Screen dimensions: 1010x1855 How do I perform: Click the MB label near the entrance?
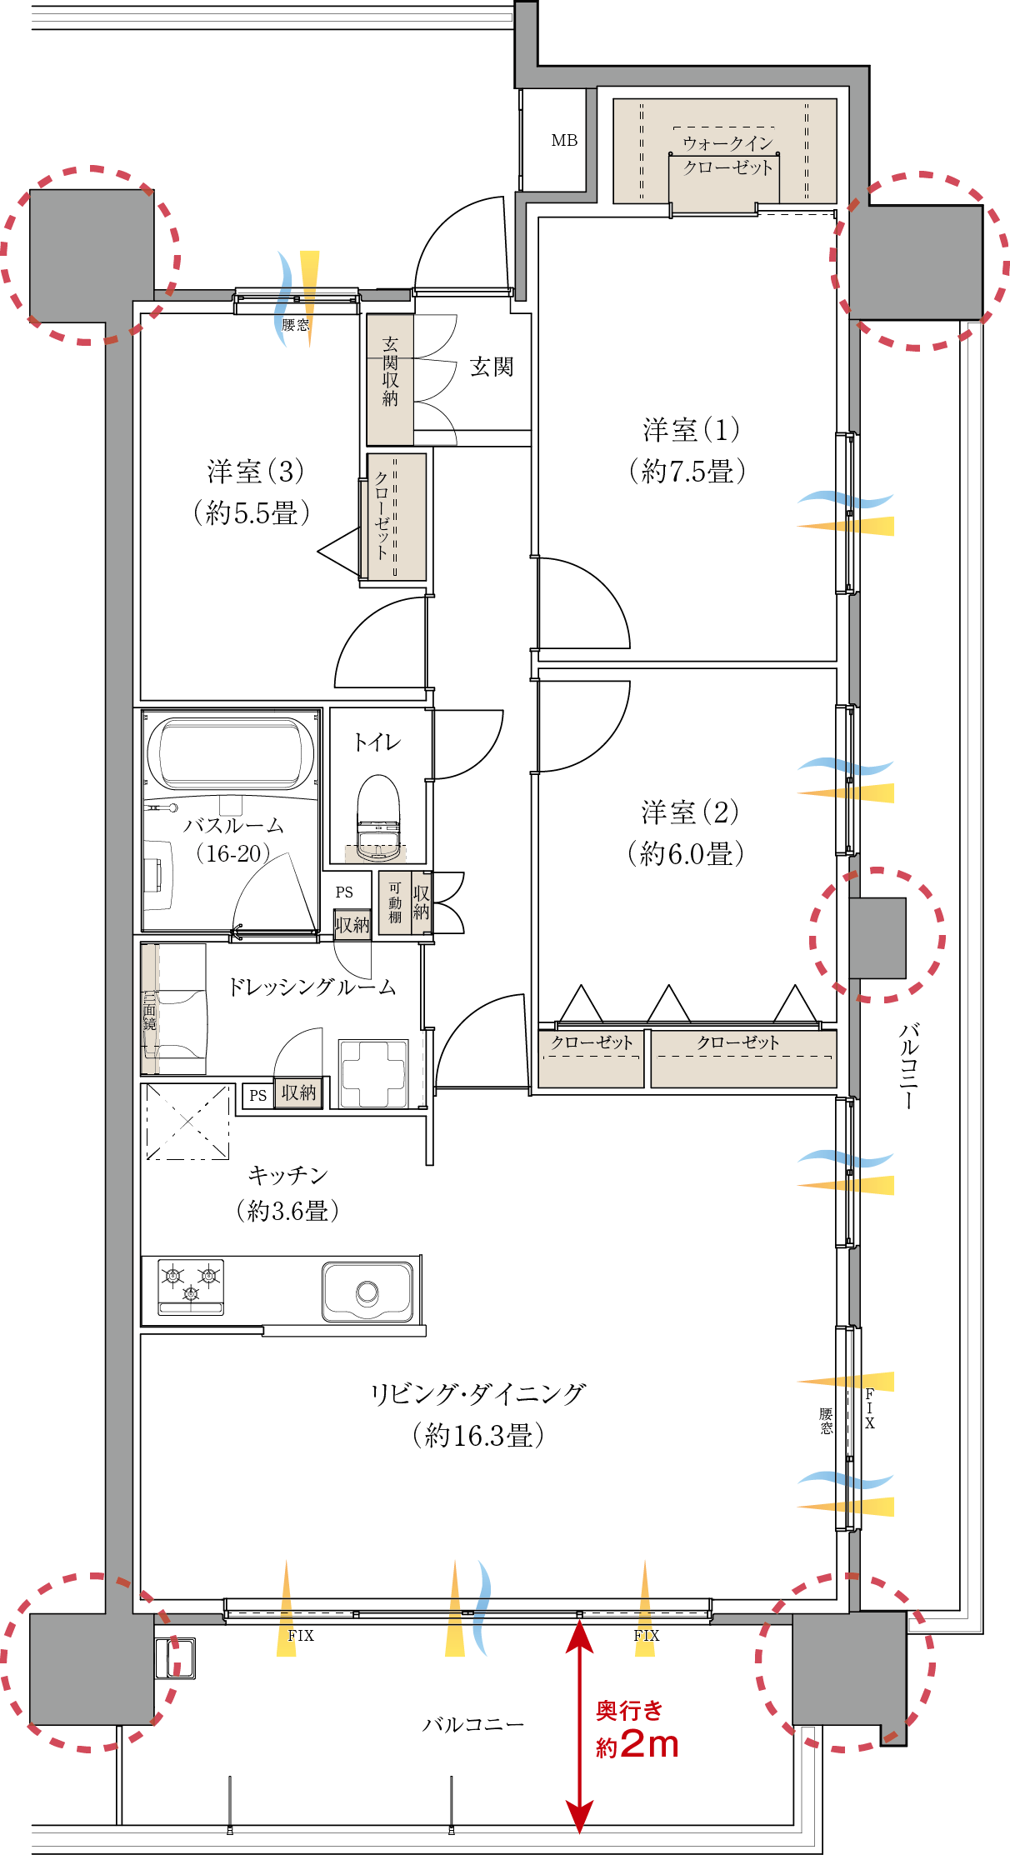[x=564, y=140]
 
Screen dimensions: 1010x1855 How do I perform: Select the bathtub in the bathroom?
[x=231, y=753]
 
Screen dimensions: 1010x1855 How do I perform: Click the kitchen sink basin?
[x=367, y=1292]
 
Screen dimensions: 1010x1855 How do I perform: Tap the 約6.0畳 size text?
[x=686, y=853]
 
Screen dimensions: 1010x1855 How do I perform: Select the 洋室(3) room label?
[x=255, y=472]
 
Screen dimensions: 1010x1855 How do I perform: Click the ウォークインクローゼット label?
[x=727, y=155]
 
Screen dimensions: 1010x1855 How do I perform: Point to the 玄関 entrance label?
[x=492, y=367]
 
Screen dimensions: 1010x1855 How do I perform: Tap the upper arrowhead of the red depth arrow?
[x=580, y=1634]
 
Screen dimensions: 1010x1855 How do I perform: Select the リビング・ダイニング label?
[x=478, y=1393]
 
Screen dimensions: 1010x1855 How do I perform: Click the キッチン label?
[x=288, y=1175]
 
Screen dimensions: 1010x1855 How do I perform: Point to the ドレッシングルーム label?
[x=312, y=987]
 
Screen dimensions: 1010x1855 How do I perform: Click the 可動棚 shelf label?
[x=395, y=902]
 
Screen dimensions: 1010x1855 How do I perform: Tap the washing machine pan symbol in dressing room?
[x=373, y=1073]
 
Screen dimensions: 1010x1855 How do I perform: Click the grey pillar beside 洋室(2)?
[x=877, y=938]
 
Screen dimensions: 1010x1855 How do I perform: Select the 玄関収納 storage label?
[x=390, y=372]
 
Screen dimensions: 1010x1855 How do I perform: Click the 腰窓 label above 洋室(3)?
[x=295, y=325]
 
